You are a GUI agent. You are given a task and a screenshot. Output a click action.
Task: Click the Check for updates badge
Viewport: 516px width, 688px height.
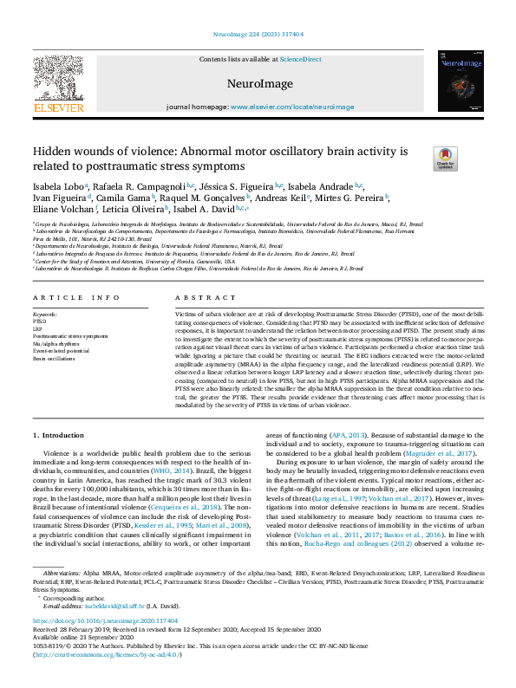421,159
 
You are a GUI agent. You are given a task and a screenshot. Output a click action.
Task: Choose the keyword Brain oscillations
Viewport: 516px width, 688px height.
54,357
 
